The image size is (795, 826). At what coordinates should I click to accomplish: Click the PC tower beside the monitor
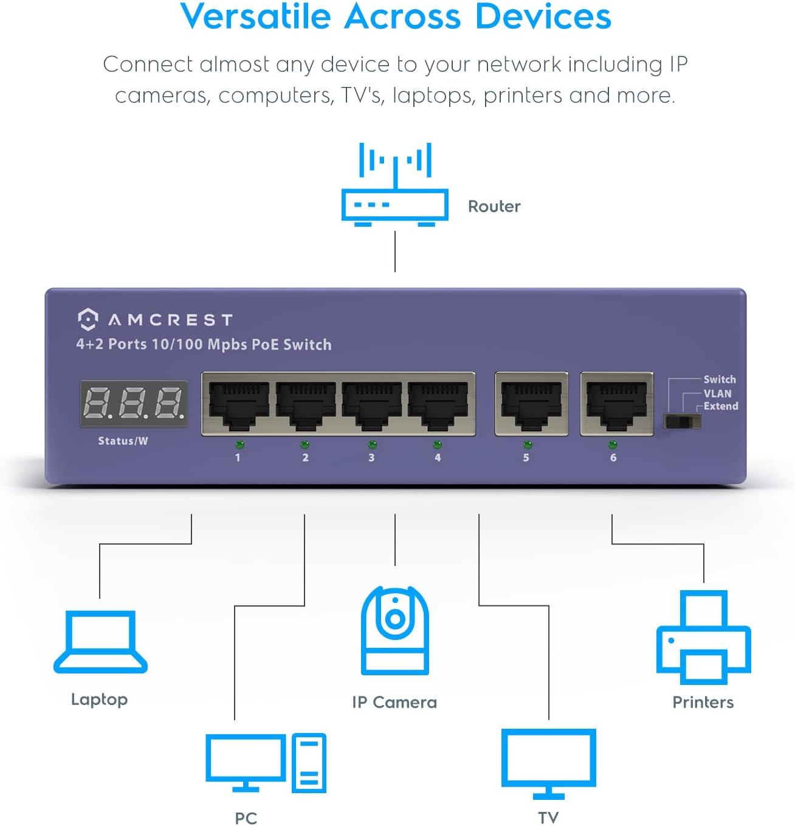click(309, 763)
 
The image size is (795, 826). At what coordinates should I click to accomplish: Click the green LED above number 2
click(305, 444)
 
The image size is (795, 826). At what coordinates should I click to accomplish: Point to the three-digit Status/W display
click(134, 403)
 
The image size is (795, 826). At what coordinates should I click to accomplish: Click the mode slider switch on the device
click(682, 421)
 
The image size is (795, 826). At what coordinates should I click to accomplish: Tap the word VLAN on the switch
click(717, 393)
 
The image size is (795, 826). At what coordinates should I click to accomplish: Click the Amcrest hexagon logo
click(88, 319)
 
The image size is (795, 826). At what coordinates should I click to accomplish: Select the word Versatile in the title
click(255, 16)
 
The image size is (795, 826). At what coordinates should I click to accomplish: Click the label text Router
click(494, 207)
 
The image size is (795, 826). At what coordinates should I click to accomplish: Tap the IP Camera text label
click(394, 702)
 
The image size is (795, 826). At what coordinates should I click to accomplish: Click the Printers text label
click(703, 702)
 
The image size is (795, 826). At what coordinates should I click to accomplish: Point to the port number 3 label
click(371, 458)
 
